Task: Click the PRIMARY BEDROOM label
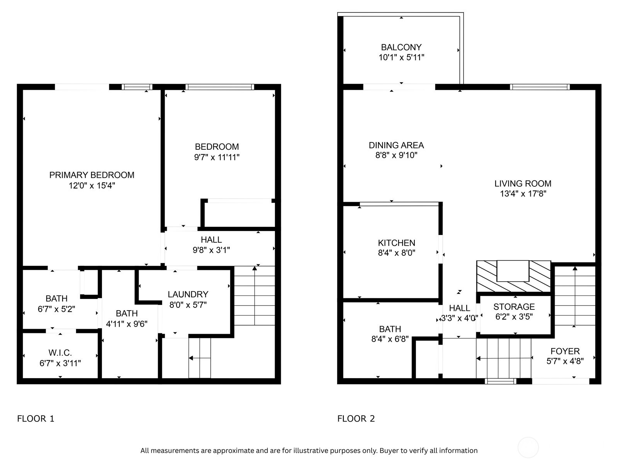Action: (92, 175)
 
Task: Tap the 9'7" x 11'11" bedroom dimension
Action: (217, 157)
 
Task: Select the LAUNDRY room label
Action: (188, 294)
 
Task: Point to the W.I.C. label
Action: (60, 353)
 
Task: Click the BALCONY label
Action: (401, 47)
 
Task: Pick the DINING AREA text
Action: (396, 145)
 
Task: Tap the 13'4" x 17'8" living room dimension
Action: (523, 193)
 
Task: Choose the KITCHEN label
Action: (396, 243)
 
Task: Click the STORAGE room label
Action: (514, 306)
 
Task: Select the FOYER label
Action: (565, 351)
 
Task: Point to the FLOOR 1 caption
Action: (36, 419)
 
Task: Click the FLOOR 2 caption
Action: (356, 419)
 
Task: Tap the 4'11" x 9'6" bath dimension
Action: (127, 324)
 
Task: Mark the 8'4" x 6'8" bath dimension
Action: (390, 339)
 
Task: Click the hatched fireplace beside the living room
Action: (513, 276)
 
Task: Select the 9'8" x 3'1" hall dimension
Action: (211, 250)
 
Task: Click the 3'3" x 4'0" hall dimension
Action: (460, 318)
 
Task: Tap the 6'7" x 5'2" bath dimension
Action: (56, 309)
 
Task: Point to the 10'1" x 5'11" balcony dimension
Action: (401, 57)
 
